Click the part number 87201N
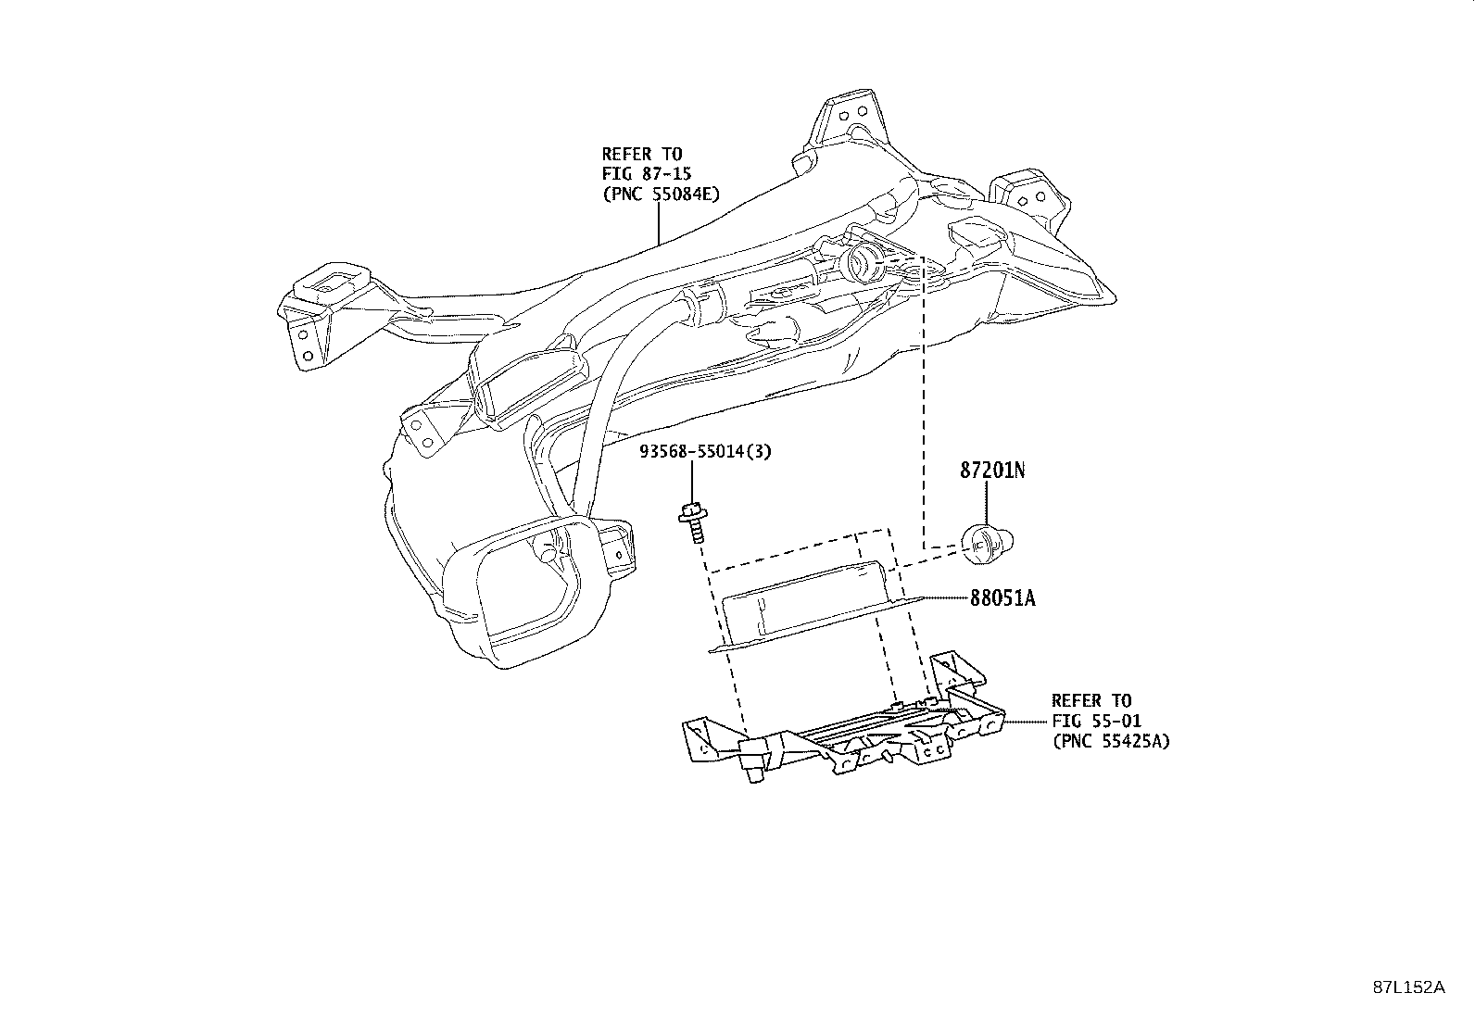point(992,471)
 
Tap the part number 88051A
point(1002,597)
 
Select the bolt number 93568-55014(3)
point(705,452)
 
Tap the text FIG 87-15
point(647,174)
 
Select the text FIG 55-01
point(1096,721)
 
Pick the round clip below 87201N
point(987,543)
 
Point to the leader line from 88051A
point(946,597)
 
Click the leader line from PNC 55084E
point(659,224)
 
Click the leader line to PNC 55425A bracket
point(1026,722)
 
